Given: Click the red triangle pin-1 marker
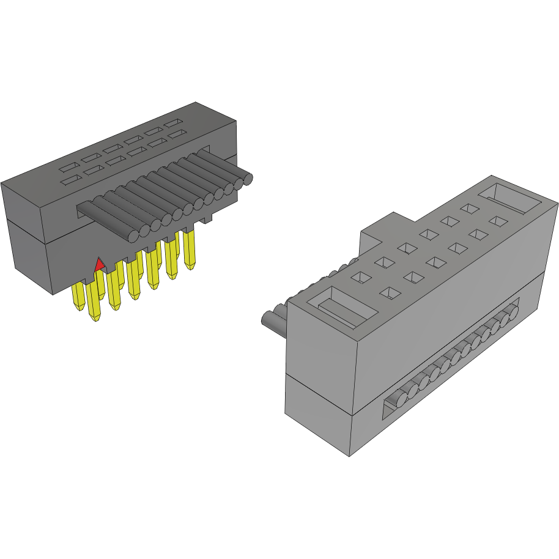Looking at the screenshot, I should coord(98,265).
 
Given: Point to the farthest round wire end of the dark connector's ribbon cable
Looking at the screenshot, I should coord(246,179).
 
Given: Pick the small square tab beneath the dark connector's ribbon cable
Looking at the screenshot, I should coord(207,218).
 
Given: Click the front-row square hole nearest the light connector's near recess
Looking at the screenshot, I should coord(390,292).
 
